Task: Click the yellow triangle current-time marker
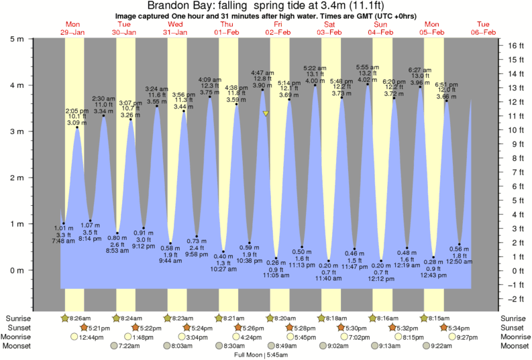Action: [x=266, y=114]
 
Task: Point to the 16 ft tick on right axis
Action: [x=501, y=46]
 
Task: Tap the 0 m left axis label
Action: [x=15, y=270]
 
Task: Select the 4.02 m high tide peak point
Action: [x=368, y=84]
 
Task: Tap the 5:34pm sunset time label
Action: [x=464, y=328]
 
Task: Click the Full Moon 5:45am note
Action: [x=266, y=355]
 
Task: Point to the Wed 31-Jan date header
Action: [x=176, y=28]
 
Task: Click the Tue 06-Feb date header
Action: [x=483, y=28]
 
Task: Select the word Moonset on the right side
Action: [x=514, y=346]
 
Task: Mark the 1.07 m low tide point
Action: [x=91, y=221]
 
